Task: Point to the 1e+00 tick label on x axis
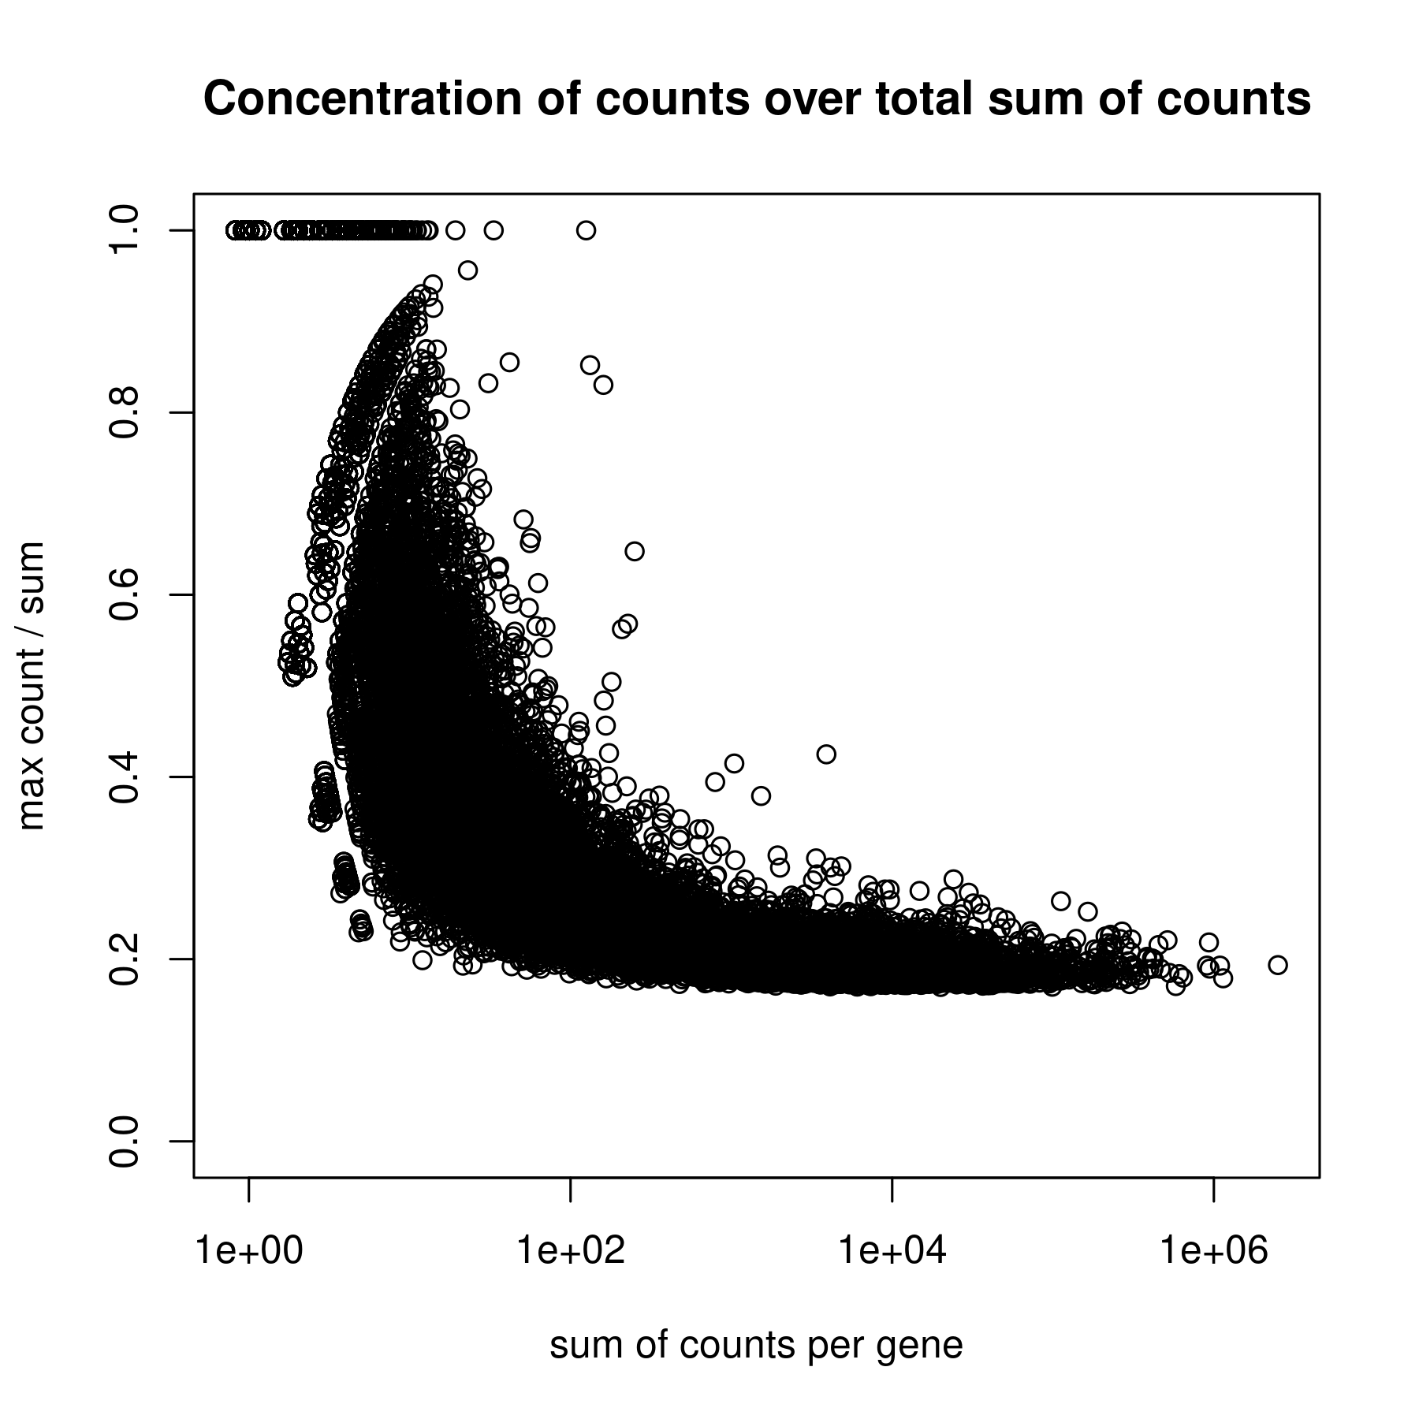tap(249, 1251)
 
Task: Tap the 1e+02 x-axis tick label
tap(570, 1251)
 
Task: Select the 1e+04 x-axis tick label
tap(892, 1251)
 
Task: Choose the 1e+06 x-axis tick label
tap(1213, 1251)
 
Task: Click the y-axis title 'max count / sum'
tap(33, 686)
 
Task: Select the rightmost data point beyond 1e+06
tap(1277, 965)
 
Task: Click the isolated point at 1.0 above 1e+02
tap(586, 230)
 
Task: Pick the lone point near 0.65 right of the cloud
tap(635, 551)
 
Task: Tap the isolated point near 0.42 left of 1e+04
tap(826, 754)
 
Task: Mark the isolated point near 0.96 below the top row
tap(467, 270)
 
